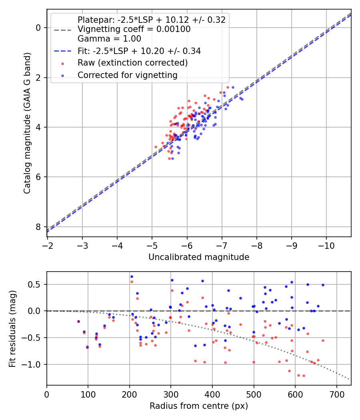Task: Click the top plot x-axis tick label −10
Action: tap(326, 246)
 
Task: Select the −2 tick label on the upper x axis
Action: tap(48, 246)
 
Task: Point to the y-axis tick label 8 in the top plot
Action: tap(38, 227)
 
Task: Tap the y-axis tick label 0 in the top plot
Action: tap(38, 28)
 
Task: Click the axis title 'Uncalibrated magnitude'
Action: tap(199, 257)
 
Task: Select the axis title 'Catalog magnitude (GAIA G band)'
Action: tap(27, 123)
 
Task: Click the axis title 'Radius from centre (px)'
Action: tap(199, 406)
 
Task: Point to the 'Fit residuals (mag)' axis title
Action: tap(12, 329)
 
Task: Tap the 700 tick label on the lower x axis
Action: tap(336, 394)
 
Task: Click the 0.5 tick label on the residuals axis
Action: tap(34, 284)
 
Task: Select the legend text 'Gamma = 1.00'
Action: tap(109, 39)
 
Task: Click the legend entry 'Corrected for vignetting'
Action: tap(128, 75)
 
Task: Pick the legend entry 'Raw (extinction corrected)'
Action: tap(132, 63)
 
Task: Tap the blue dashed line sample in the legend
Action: tap(62, 51)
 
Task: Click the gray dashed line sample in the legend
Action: tap(62, 30)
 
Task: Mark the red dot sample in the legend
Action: tap(62, 64)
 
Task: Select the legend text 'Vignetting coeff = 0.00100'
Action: tap(134, 29)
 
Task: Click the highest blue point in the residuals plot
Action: tap(132, 277)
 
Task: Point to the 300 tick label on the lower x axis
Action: tap(171, 394)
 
